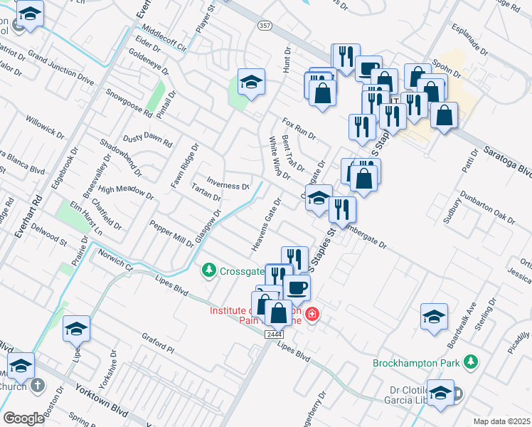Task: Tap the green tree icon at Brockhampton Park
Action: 469,363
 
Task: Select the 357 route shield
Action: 263,25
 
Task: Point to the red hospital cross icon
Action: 311,314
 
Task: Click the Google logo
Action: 23,418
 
